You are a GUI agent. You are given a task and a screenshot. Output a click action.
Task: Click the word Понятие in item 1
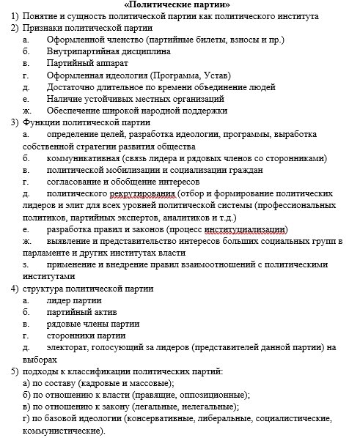point(41,16)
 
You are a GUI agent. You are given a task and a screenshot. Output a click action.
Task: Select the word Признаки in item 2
point(43,28)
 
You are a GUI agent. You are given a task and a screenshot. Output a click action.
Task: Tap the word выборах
point(40,359)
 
